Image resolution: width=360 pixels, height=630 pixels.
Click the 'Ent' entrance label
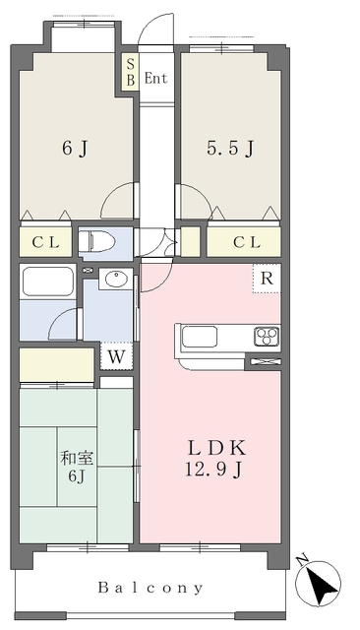(156, 77)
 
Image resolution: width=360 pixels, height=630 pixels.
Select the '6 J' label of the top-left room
(75, 150)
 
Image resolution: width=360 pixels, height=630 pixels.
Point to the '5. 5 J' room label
(231, 150)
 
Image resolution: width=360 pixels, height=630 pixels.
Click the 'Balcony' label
(150, 588)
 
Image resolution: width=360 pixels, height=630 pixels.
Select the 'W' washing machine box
(115, 355)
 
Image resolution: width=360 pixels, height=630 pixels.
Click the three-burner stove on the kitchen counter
(267, 337)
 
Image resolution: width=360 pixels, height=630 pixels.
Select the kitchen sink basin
(200, 337)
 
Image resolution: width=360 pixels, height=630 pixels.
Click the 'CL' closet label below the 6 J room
(45, 242)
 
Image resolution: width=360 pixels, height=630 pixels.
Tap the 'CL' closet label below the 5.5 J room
(246, 242)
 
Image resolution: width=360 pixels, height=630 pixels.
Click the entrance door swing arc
(153, 27)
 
